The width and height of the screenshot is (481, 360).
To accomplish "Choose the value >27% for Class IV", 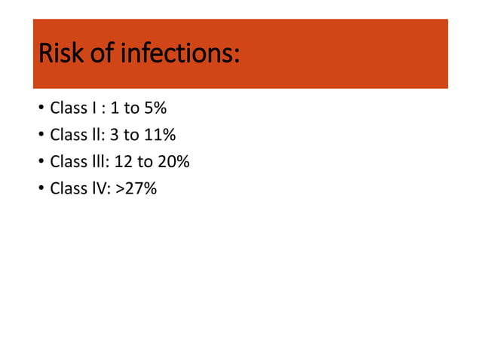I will pyautogui.click(x=136, y=188).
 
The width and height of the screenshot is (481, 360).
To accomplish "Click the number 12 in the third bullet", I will pyautogui.click(x=127, y=162).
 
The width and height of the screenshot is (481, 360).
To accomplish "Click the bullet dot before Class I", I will pyautogui.click(x=39, y=109).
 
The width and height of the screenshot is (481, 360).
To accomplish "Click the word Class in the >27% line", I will pyautogui.click(x=67, y=188).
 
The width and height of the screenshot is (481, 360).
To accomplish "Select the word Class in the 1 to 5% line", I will pyautogui.click(x=67, y=108).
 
